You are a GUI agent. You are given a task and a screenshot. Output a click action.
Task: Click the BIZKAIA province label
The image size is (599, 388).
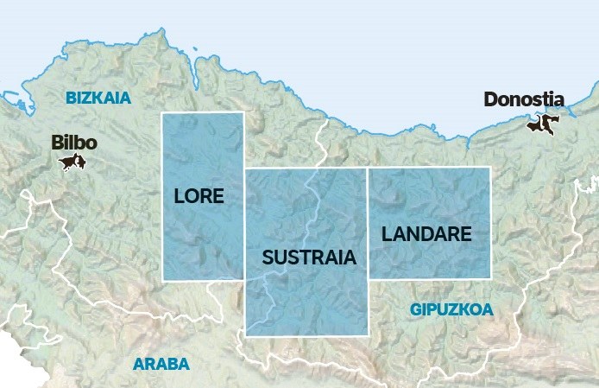[x=98, y=98]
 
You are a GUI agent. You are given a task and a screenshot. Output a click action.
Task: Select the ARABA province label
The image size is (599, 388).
[x=161, y=364]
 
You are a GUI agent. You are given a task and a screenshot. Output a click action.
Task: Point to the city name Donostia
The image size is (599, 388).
[x=524, y=99]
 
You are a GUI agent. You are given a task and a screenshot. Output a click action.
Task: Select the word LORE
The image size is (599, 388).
[x=199, y=196]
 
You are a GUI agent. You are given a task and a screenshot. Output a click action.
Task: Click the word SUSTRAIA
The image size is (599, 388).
[x=309, y=257]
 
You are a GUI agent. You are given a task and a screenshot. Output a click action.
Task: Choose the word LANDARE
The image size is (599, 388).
[x=426, y=233]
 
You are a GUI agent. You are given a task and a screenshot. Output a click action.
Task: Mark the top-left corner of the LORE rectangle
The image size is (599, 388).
[x=162, y=113]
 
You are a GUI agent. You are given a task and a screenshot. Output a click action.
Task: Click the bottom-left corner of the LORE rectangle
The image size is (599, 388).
[x=162, y=280]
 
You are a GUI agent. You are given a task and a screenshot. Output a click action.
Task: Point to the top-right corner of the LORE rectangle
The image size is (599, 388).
[x=244, y=113]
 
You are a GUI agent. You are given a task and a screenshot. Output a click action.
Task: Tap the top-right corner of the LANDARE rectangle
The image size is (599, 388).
[x=490, y=168]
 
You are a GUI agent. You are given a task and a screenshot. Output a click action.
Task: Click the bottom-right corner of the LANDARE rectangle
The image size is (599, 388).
[x=490, y=278]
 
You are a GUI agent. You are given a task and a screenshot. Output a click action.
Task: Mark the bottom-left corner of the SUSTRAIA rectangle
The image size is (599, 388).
[x=245, y=335]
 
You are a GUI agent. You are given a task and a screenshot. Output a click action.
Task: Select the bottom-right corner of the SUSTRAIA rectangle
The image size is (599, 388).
[x=368, y=335]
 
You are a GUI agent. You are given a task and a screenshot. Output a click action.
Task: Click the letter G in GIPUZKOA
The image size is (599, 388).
[x=416, y=308]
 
